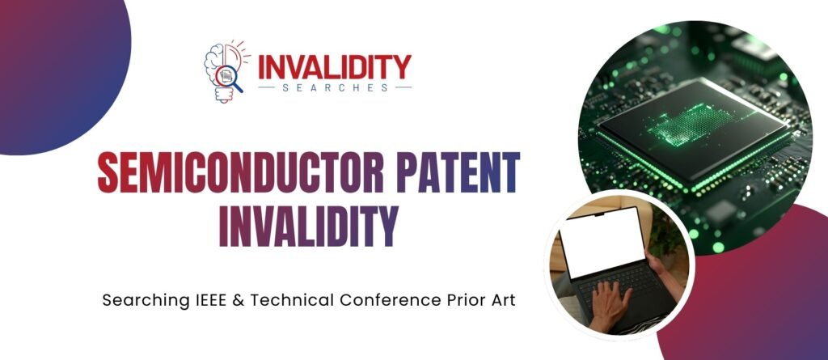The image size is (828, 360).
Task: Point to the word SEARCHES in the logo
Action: (x=334, y=87)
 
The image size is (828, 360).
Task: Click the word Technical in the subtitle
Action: (x=296, y=300)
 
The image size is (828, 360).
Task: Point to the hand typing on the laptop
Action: (x=607, y=306)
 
